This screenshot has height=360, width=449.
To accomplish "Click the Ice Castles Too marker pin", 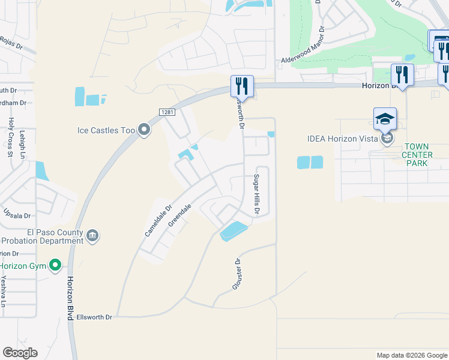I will coord(143,130).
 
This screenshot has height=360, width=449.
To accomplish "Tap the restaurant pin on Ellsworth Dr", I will coord(242,86).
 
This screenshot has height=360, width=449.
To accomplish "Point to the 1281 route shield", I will coord(167,112).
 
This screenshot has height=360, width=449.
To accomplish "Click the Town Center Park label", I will coord(416,154).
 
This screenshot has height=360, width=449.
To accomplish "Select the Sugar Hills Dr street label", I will coord(256,196).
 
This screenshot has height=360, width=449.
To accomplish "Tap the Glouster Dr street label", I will coord(238,274).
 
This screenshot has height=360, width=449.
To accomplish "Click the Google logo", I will coord(20,352).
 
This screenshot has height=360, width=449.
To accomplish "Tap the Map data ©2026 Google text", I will coord(411,355).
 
